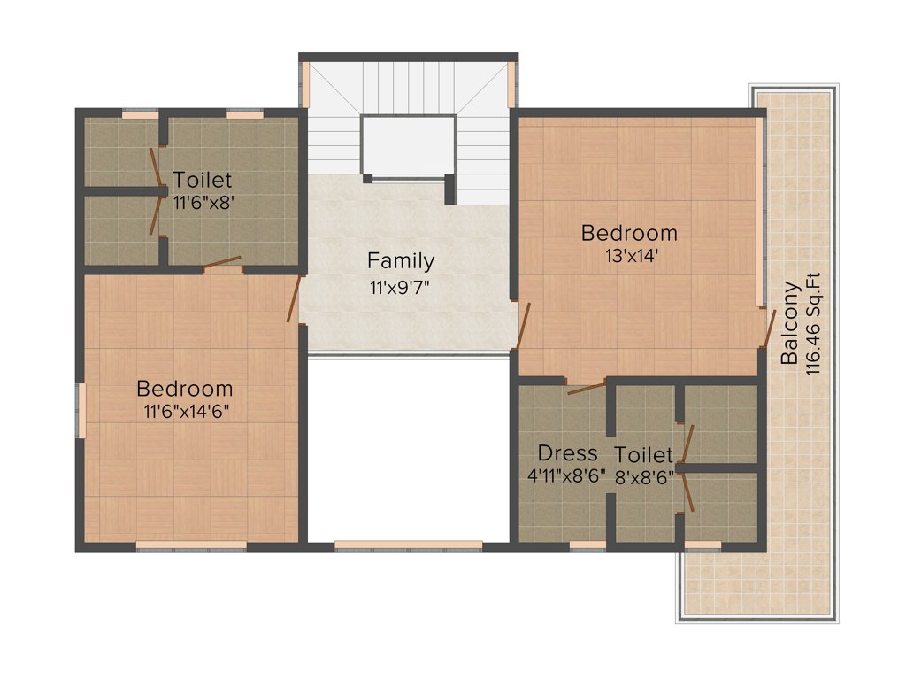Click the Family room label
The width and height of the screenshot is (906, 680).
coord(401,261)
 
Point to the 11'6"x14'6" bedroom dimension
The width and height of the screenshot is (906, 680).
coord(185,412)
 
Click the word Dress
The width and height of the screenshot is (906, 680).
coord(567,453)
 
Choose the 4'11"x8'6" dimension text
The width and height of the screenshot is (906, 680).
coord(566,476)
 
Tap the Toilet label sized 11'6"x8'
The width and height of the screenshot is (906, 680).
coord(202,179)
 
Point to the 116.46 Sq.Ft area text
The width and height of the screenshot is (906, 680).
coord(814,323)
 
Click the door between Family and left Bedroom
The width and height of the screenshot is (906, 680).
coord(294,298)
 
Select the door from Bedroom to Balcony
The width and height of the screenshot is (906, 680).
coord(768,328)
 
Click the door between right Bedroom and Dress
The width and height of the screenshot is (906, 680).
coord(586,387)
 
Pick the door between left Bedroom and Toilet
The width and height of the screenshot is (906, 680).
coord(221,262)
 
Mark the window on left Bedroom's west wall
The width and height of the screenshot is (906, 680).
coord(81,409)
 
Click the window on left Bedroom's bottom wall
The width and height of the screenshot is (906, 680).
coord(191,545)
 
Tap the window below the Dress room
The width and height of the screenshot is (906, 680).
coord(587,545)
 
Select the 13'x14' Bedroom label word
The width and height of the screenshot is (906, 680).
coord(629,234)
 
